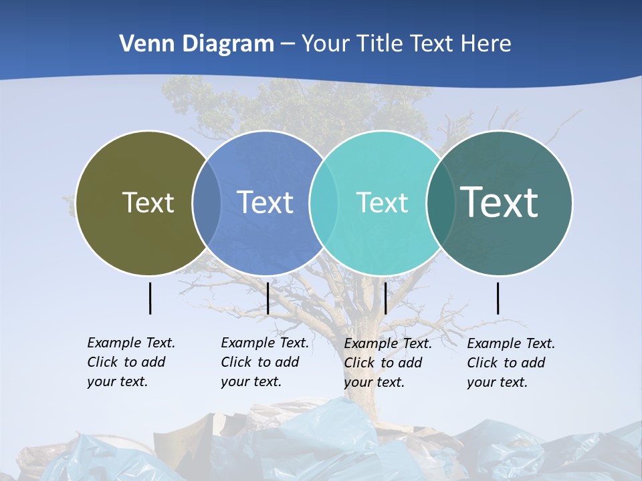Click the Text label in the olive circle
click(148, 202)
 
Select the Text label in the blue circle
click(265, 202)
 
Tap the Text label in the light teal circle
click(382, 202)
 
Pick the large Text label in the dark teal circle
click(500, 202)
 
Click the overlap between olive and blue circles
click(207, 202)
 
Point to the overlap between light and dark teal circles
click(441, 202)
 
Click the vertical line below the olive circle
click(150, 298)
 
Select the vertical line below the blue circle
click(267, 298)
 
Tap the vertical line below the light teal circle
click(385, 298)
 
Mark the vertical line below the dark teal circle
click(498, 298)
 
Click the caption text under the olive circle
click(130, 362)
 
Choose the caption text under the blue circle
click(264, 362)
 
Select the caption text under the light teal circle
click(387, 363)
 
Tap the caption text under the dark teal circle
click(510, 363)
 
